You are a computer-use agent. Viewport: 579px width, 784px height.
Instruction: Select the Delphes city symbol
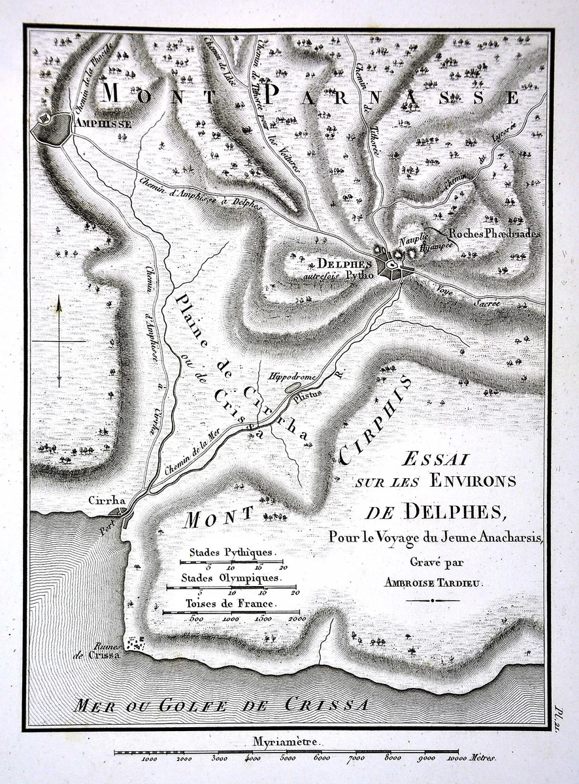[x=391, y=267]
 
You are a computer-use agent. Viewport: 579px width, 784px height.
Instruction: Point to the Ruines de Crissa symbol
[x=136, y=644]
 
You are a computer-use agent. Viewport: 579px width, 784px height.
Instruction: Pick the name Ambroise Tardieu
[x=434, y=584]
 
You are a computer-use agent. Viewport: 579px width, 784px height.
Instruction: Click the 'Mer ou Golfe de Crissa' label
[x=222, y=705]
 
